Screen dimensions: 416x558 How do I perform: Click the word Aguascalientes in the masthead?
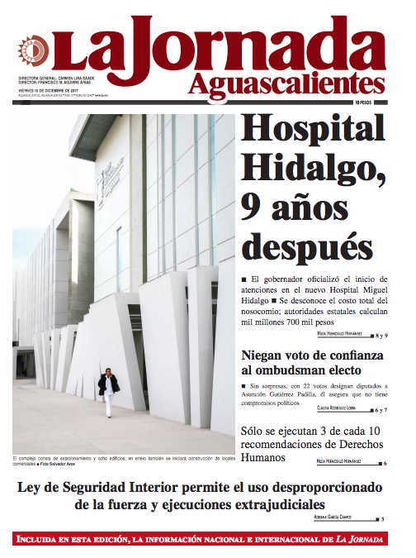click(286, 83)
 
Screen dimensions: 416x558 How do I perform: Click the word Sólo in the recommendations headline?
click(255, 431)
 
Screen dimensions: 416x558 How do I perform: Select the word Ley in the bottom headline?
click(31, 487)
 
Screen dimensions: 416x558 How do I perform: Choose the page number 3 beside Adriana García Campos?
click(381, 518)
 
